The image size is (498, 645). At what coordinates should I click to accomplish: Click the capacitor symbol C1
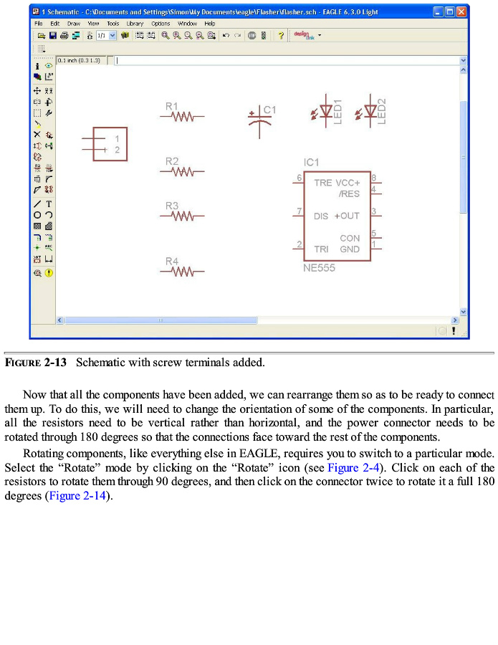(259, 118)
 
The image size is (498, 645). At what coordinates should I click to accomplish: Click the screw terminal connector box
(110, 144)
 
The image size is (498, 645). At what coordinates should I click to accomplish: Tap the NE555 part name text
(319, 268)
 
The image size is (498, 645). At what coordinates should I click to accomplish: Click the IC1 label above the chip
(311, 163)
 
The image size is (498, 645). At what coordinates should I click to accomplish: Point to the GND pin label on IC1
(350, 249)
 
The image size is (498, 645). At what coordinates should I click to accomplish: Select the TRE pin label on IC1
(322, 183)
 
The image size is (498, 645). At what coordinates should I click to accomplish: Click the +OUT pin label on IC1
(347, 216)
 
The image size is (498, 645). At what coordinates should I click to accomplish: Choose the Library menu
(135, 24)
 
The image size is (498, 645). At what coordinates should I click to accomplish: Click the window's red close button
(462, 11)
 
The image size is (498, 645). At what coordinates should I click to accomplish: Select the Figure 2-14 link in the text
(78, 497)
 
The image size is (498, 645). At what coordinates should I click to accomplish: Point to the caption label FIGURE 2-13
(36, 363)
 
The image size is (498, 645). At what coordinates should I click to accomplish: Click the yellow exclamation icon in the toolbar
(49, 273)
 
